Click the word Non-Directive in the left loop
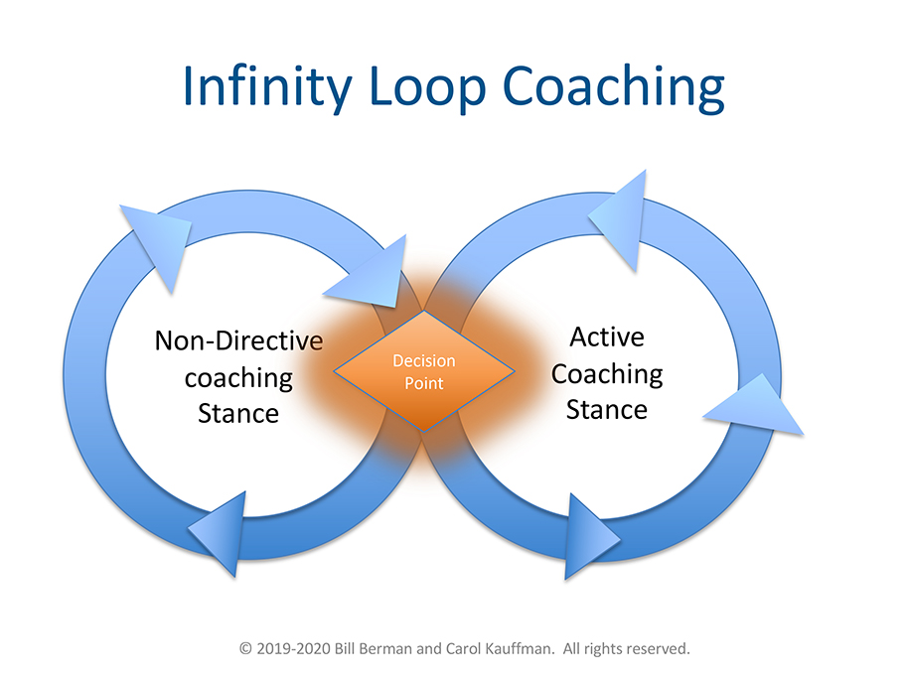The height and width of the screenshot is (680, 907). click(x=238, y=341)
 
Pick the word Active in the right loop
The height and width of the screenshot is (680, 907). click(x=606, y=338)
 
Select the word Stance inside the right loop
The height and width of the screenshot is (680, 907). click(x=606, y=408)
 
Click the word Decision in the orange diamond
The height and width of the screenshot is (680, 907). click(x=423, y=361)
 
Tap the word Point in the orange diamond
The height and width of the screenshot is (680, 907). click(x=423, y=382)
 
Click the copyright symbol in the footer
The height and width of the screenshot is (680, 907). click(x=246, y=648)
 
